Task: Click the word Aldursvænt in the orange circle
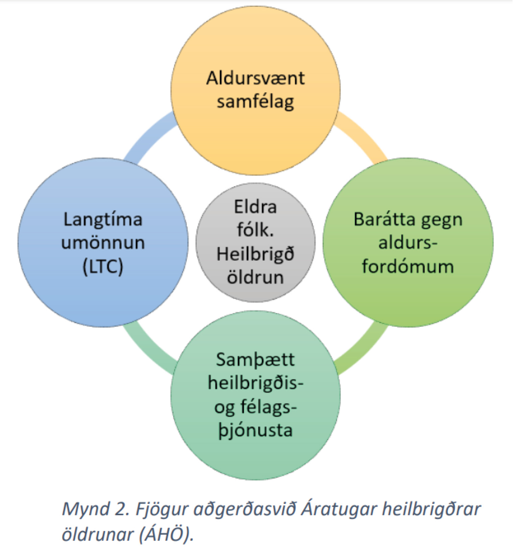coord(255,78)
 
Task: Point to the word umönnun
coord(103,243)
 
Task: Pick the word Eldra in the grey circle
coord(255,207)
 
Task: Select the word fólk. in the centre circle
coord(255,230)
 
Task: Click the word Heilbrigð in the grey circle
coord(255,254)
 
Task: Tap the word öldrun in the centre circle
coord(255,277)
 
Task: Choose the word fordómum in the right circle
coord(408,267)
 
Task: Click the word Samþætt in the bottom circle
coord(255,360)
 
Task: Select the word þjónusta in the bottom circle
coord(255,431)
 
